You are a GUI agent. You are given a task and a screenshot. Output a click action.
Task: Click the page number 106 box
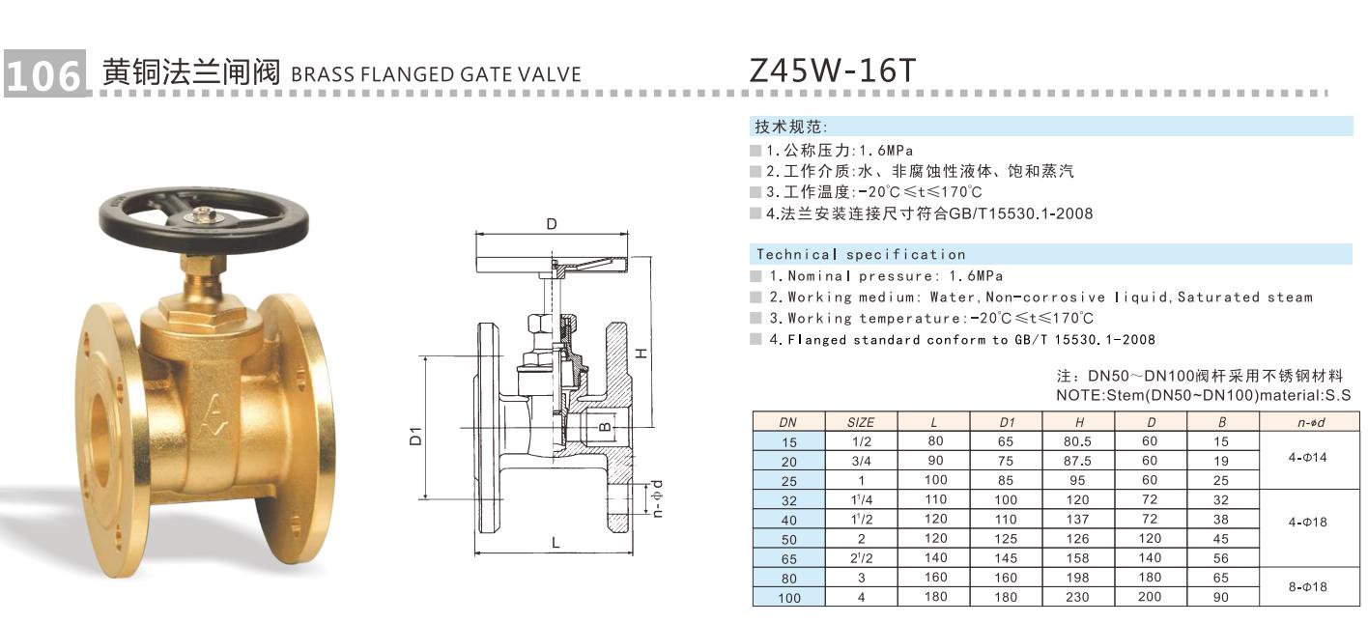coord(43,73)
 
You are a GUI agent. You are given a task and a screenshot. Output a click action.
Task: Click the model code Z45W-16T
coord(832,71)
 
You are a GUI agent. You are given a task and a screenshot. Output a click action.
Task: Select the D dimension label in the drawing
coord(551,224)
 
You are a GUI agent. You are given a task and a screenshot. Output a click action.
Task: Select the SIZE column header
coord(860,422)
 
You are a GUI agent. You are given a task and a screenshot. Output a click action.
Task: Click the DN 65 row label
coord(788,558)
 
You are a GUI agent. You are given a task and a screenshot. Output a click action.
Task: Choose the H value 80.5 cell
coord(1078,441)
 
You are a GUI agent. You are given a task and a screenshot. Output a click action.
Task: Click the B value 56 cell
coord(1222,558)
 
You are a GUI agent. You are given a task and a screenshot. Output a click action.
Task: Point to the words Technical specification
coord(861,255)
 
